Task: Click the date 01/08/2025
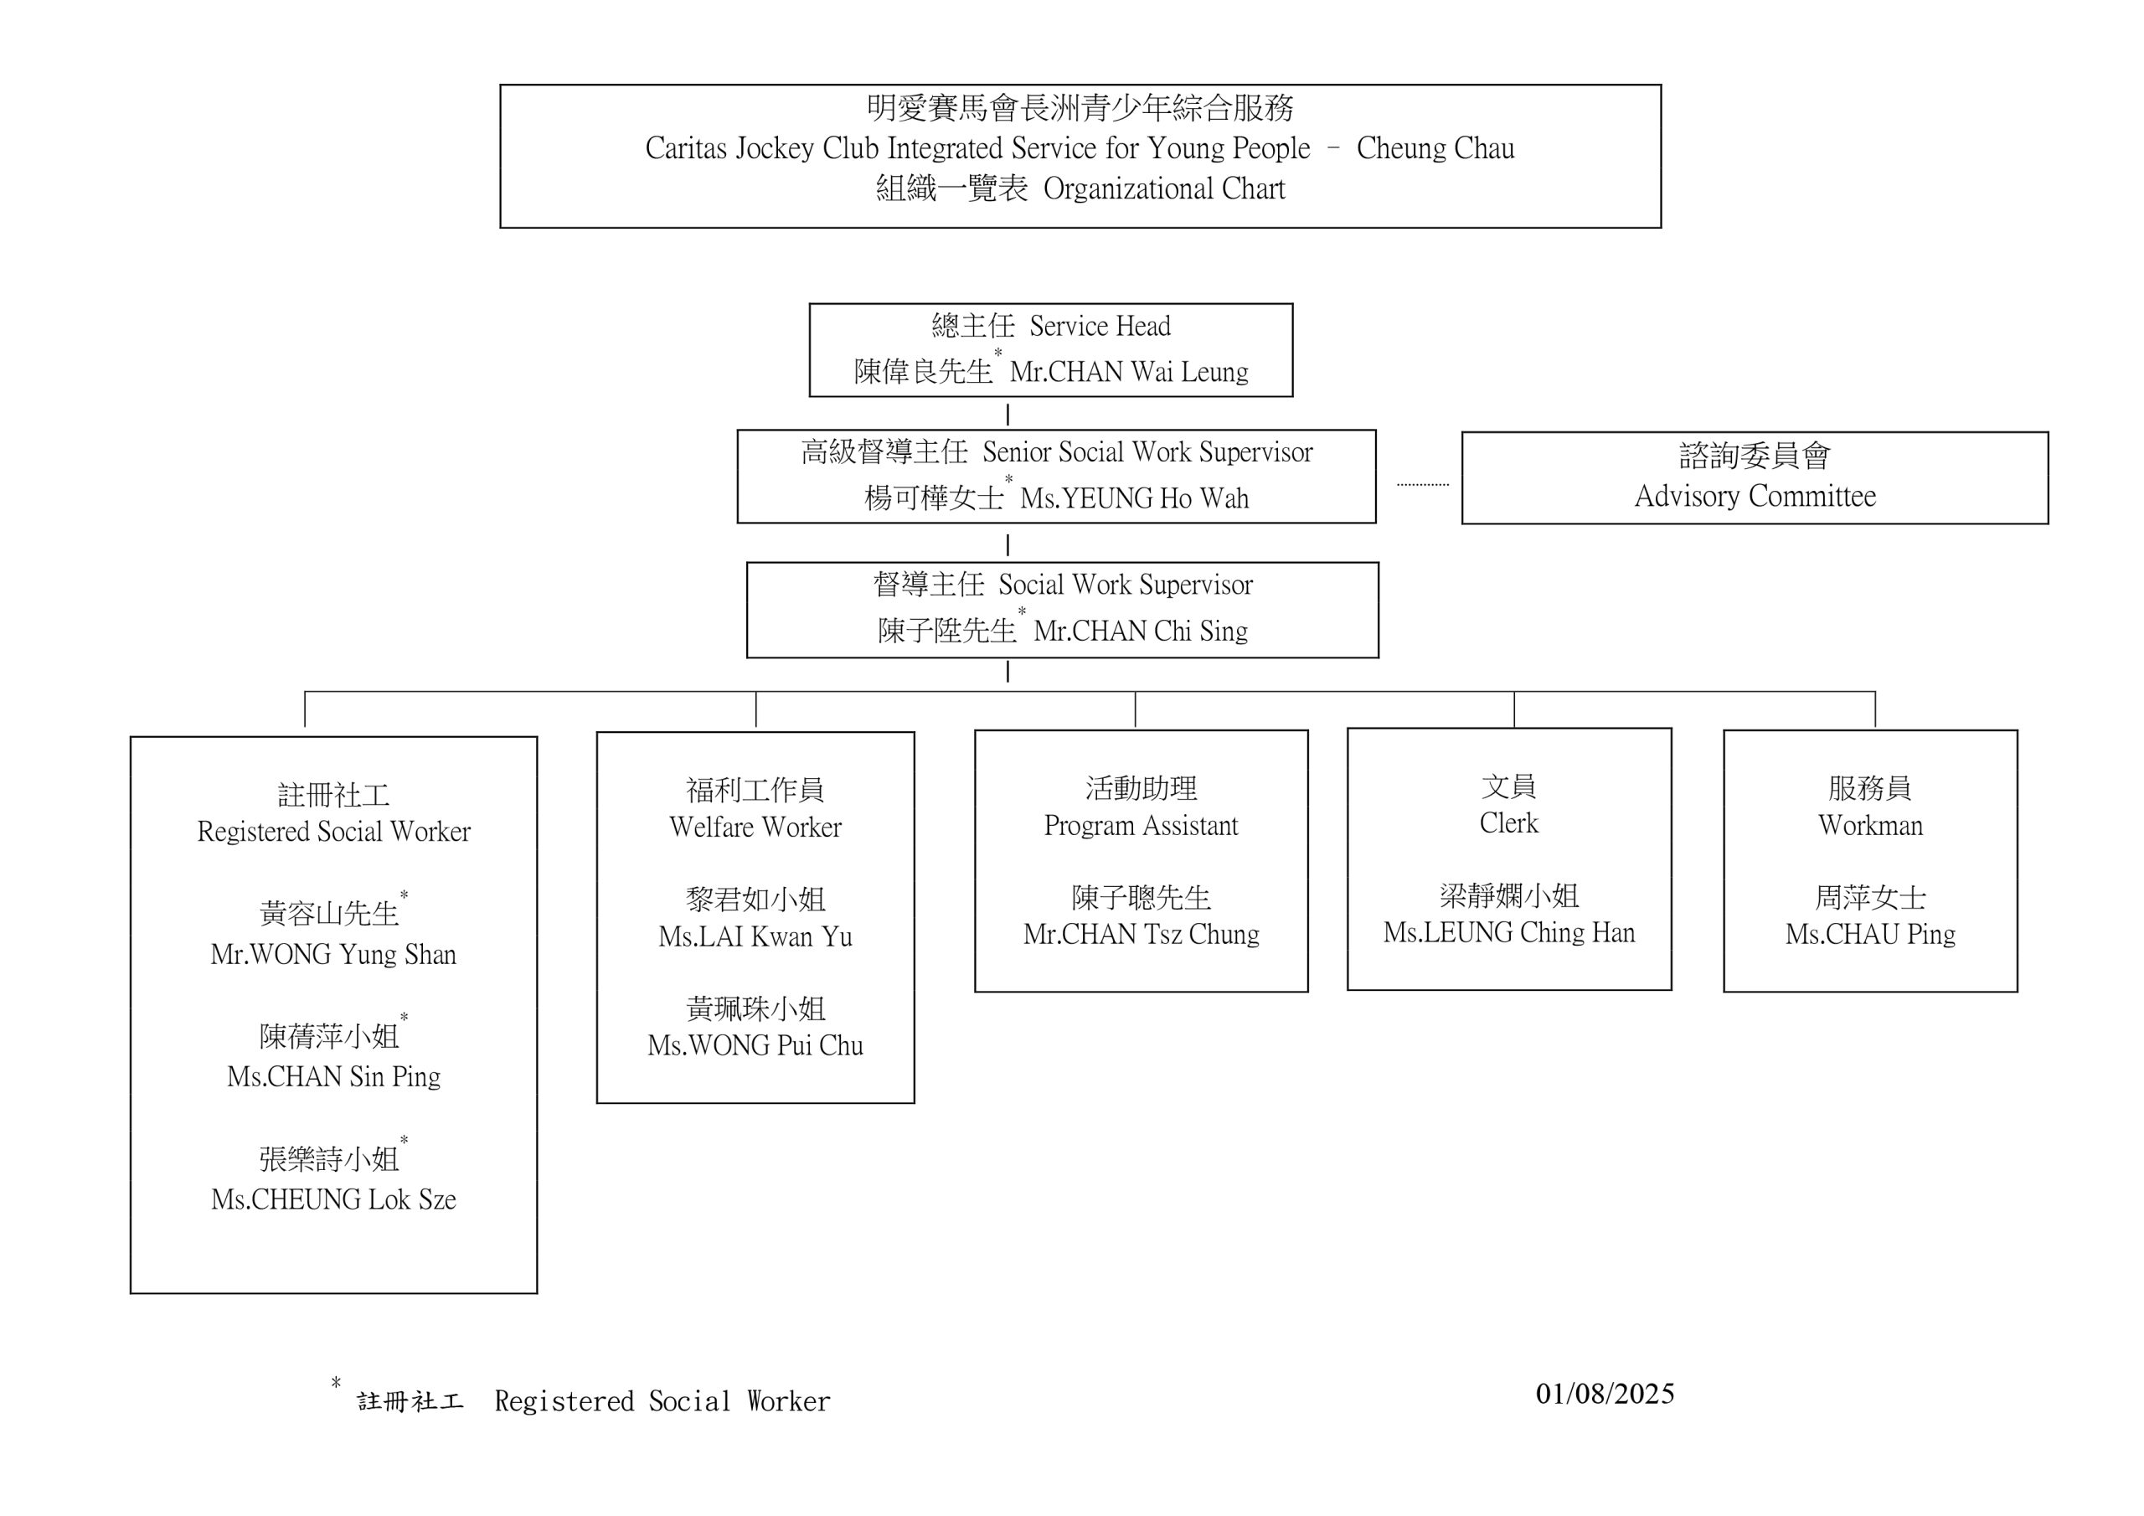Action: coord(1605,1394)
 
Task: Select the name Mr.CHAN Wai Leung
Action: coord(1128,372)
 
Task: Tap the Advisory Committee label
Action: coord(1755,496)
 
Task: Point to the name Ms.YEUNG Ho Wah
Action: coord(1134,498)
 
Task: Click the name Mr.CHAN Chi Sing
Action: coord(1140,631)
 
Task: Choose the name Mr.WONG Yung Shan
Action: coord(333,954)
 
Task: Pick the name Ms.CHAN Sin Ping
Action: coord(333,1076)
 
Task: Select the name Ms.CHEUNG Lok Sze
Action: coord(333,1199)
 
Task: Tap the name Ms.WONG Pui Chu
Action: coord(755,1045)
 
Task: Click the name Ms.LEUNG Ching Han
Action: coord(1509,932)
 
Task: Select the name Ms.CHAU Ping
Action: coord(1869,934)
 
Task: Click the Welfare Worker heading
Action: coord(755,827)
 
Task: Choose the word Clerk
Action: coord(1508,823)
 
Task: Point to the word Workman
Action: coord(1869,825)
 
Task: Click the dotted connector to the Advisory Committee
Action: coord(1422,485)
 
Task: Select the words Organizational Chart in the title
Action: coord(1163,188)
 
